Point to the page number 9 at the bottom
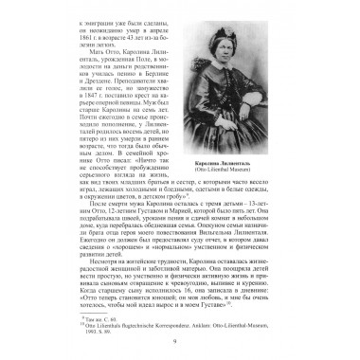(180, 342)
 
